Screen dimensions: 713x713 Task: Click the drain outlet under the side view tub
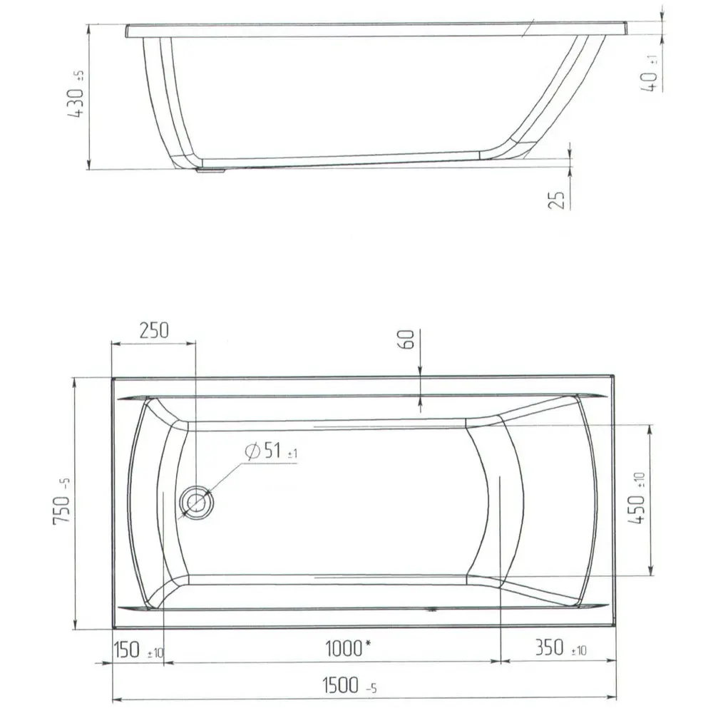click(212, 170)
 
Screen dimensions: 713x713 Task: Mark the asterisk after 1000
click(368, 645)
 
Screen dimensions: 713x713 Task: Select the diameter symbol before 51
click(250, 451)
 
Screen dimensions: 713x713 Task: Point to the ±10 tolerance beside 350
click(578, 651)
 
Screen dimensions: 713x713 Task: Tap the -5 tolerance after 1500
click(370, 689)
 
